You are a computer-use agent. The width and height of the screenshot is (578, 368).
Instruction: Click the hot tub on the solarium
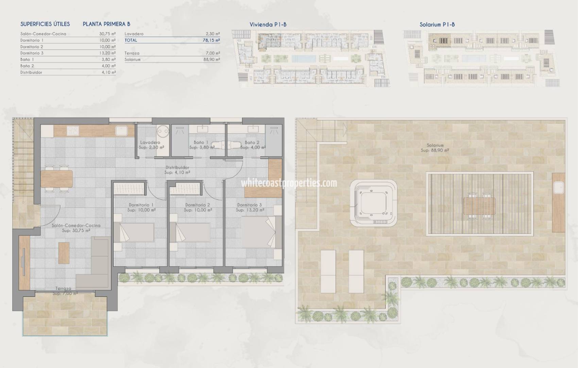[373, 204]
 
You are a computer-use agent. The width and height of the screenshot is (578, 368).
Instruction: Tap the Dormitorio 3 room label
[250, 205]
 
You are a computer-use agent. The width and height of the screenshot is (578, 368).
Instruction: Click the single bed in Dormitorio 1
[134, 232]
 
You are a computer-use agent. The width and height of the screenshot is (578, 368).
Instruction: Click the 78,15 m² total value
[211, 40]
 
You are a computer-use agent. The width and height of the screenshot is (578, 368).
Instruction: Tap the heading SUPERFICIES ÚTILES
[45, 24]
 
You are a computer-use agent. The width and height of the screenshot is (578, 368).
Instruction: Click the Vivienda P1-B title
[268, 25]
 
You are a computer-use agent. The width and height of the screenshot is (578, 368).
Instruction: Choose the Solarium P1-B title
[437, 25]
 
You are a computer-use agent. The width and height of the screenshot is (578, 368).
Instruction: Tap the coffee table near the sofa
[64, 252]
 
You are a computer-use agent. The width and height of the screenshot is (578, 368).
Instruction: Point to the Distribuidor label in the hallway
[177, 168]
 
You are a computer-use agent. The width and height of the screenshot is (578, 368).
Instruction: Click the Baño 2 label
[252, 142]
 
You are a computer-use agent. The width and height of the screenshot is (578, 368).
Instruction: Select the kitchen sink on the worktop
[121, 131]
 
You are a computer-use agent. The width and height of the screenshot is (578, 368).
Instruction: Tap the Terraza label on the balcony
[64, 289]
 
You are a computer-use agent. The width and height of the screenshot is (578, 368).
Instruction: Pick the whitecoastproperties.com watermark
[289, 183]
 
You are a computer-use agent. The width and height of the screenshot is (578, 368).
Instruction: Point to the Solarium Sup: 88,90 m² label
[435, 148]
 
